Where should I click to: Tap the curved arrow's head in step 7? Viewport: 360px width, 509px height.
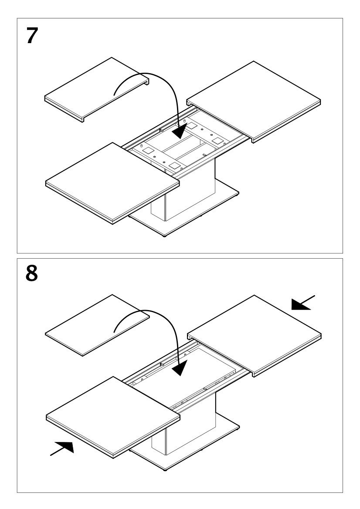(179, 130)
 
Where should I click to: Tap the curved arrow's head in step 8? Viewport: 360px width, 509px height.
(179, 370)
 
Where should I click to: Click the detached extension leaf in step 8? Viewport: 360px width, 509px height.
(97, 324)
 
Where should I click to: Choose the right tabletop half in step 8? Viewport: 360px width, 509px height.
(255, 334)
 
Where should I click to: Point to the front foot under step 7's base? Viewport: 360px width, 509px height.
(164, 236)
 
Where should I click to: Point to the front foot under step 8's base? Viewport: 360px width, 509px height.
(164, 471)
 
